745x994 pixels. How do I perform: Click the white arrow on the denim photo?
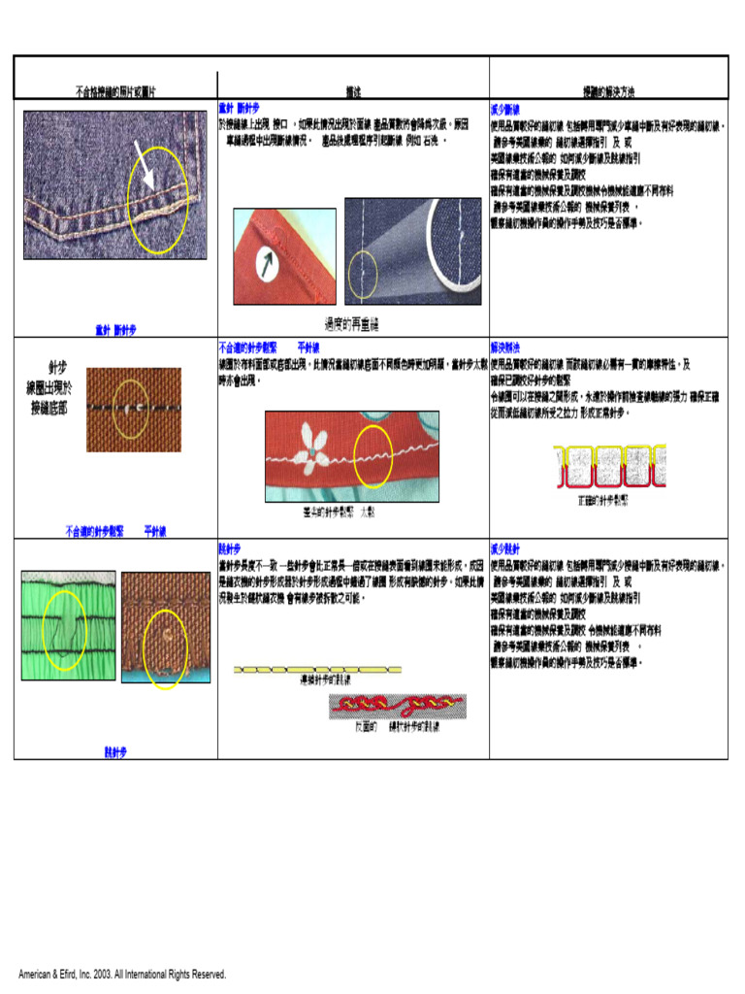(x=145, y=164)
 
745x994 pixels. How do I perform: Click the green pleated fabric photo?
(x=68, y=625)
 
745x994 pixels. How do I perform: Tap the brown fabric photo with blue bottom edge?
(x=166, y=628)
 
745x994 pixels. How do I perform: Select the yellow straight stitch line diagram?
(x=317, y=669)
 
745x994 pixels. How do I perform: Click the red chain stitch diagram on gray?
(x=398, y=706)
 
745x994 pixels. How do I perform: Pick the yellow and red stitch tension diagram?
(x=609, y=467)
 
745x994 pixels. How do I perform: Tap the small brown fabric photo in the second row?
(x=133, y=410)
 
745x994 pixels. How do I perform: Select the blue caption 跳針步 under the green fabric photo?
(x=115, y=751)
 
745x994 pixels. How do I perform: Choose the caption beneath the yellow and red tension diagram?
(x=603, y=501)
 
